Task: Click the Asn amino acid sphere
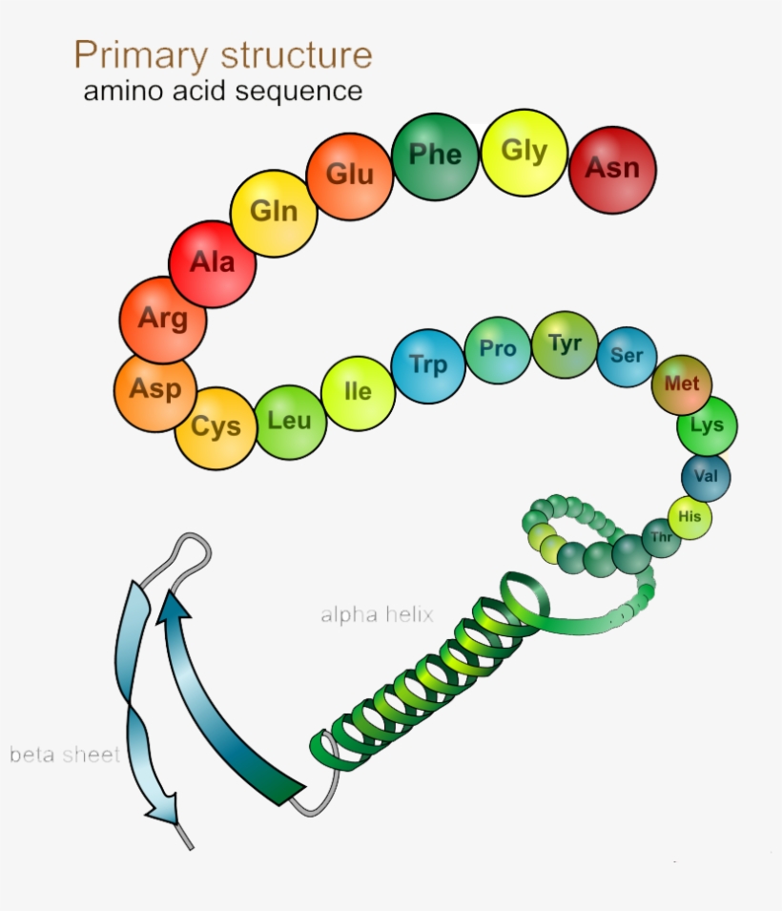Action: point(612,170)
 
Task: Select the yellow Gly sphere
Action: point(525,152)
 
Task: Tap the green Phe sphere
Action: point(435,155)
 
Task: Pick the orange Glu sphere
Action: point(350,176)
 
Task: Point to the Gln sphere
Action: point(274,212)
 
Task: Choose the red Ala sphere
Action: point(212,262)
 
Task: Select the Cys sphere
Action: point(216,427)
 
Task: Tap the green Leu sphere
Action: point(289,421)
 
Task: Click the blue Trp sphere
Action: point(428,364)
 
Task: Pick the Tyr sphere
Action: point(565,344)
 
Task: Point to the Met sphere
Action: point(682,384)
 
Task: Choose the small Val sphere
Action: point(706,477)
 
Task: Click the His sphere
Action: point(689,517)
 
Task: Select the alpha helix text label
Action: point(377,615)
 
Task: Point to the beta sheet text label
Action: point(64,756)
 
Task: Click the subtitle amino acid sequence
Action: point(223,92)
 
